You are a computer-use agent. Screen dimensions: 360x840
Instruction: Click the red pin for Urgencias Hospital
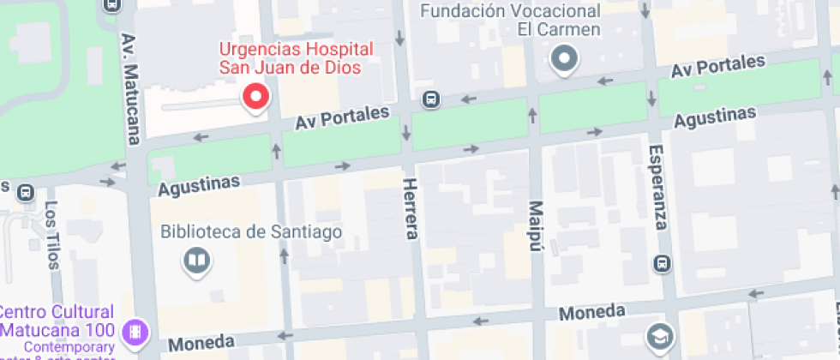(255, 98)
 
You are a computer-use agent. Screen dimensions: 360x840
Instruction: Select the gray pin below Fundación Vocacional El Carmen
(565, 60)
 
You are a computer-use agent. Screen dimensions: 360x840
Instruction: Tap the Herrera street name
(411, 209)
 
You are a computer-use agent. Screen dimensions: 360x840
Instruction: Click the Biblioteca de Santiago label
(252, 231)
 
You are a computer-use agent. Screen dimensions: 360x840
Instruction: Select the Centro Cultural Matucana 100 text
(58, 320)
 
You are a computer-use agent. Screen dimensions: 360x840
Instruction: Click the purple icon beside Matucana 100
(135, 331)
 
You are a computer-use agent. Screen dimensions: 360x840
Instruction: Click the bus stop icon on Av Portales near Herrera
(431, 100)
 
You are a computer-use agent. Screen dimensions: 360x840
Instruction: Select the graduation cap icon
(659, 336)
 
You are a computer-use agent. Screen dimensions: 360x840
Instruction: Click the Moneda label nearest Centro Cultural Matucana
(201, 343)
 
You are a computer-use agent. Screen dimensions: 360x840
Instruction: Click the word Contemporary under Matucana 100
(69, 347)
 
